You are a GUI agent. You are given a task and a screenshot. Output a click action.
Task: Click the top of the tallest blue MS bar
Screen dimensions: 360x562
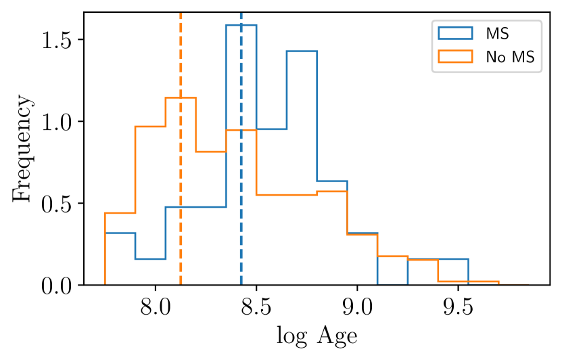tap(241, 25)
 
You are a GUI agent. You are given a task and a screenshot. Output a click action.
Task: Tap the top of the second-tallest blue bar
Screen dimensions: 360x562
tap(302, 51)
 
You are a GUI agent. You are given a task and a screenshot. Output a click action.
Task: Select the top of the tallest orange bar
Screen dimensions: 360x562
tap(181, 97)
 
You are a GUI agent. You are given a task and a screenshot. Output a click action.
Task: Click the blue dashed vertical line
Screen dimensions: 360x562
tap(241, 203)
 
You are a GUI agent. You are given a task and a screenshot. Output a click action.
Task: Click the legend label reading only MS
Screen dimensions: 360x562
tap(497, 34)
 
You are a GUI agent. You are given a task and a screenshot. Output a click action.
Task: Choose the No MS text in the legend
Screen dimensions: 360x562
tap(510, 58)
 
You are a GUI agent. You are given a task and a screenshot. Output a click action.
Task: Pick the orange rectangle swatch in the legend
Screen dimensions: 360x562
tap(455, 58)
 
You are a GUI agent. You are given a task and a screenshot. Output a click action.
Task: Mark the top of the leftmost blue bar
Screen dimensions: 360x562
tap(120, 233)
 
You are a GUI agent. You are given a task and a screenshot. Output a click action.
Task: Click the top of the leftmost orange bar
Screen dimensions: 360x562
tap(120, 213)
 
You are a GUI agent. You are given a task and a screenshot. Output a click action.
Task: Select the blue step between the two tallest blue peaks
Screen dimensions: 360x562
tap(271, 129)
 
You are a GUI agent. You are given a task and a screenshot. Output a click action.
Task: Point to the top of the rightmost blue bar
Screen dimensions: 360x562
tap(438, 258)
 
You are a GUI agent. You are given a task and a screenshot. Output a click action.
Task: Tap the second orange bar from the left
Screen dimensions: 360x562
tap(150, 126)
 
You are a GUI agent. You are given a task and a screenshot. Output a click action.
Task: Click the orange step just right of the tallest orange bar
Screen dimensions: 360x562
tap(210, 152)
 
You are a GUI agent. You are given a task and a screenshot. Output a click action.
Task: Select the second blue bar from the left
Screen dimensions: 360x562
tap(150, 258)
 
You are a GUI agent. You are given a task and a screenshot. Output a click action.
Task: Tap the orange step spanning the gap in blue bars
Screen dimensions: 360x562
tap(392, 256)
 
